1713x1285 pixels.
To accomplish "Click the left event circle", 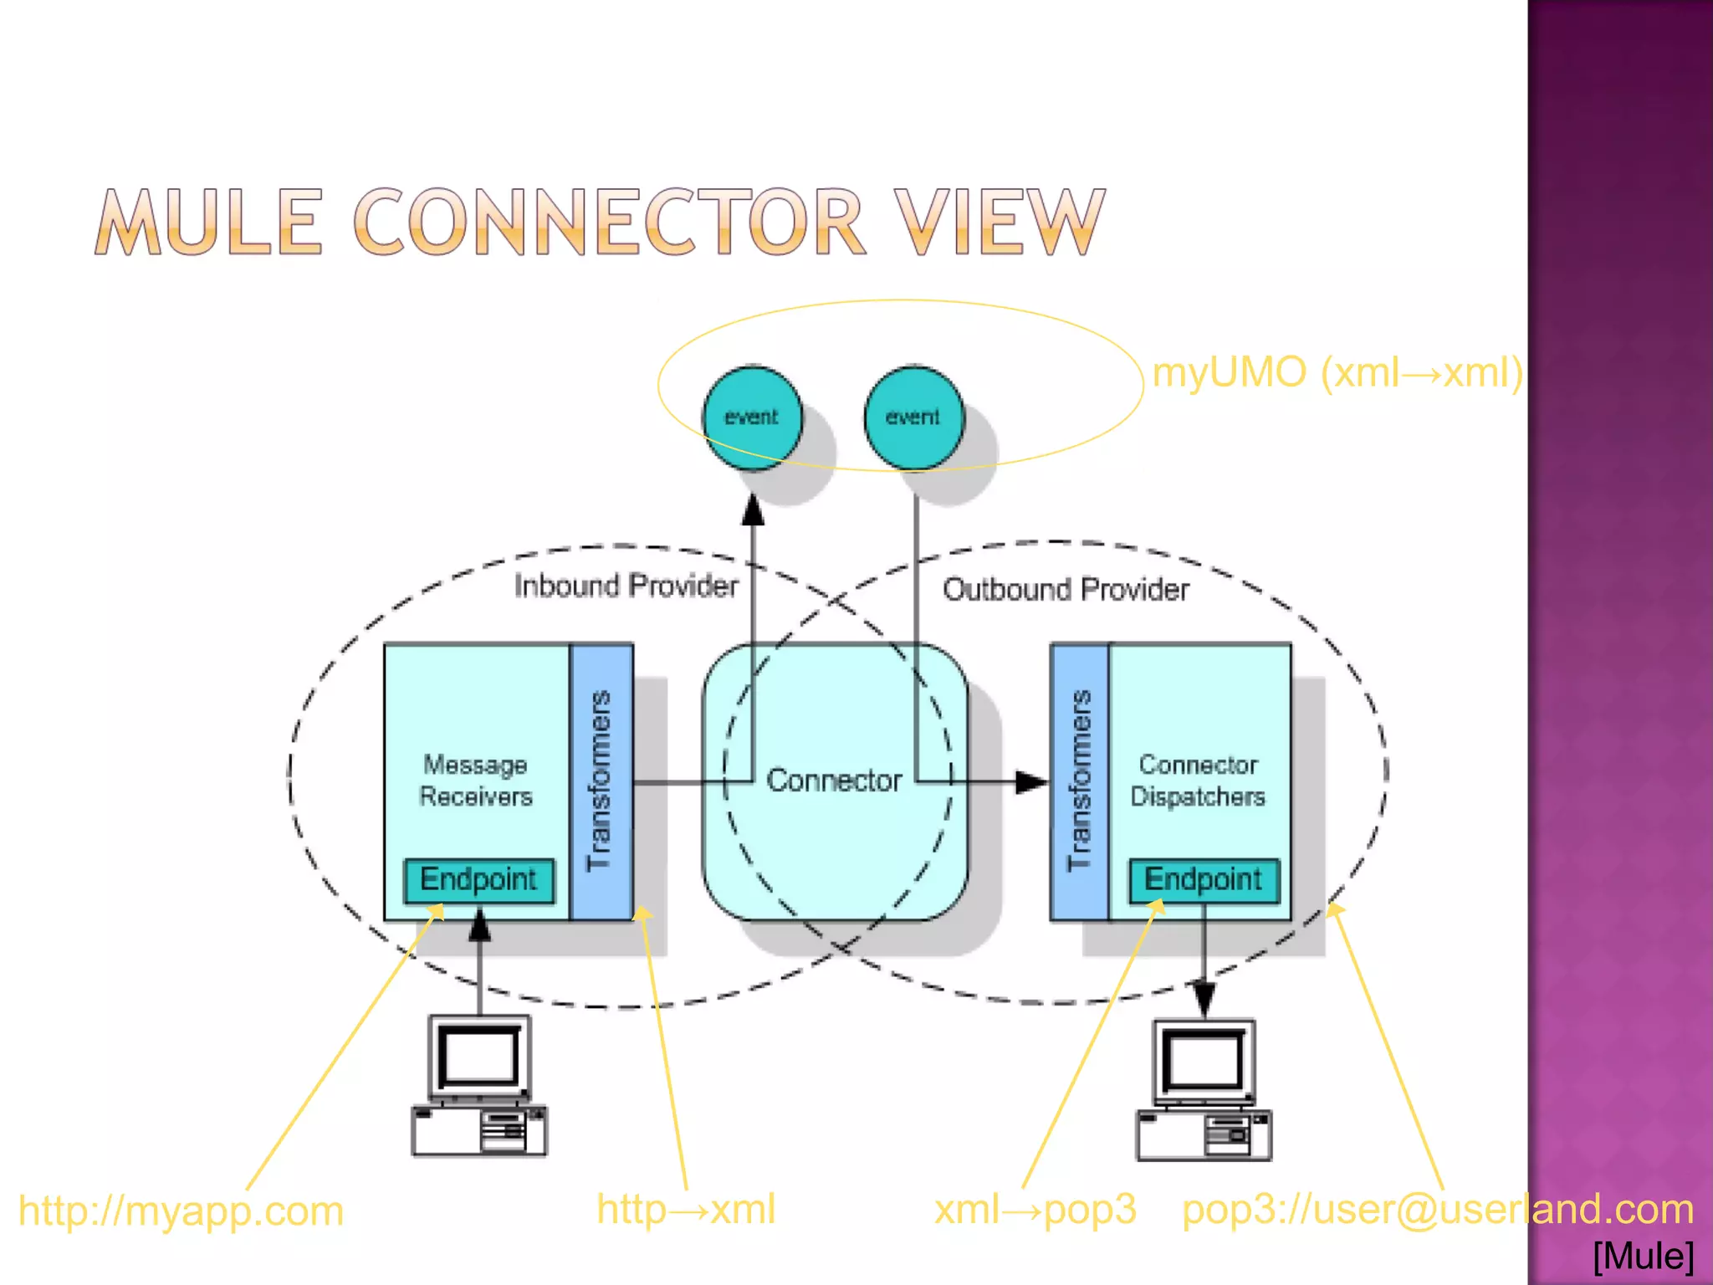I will (752, 417).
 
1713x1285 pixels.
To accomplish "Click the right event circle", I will (913, 417).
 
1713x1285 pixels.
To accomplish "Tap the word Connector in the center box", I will (834, 781).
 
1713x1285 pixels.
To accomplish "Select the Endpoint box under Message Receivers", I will (478, 880).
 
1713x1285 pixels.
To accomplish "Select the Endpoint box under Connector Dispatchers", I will (1203, 880).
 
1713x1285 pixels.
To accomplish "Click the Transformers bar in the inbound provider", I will (601, 781).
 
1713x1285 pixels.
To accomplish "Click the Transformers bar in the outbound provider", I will (1080, 781).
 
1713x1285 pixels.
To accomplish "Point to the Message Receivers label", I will (475, 781).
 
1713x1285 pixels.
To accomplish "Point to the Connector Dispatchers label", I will (1198, 781).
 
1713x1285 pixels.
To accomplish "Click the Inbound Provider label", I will (626, 586).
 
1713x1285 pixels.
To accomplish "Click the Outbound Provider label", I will (1066, 590).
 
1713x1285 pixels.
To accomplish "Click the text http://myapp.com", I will (181, 1211).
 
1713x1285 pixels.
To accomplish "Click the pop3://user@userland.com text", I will (1437, 1210).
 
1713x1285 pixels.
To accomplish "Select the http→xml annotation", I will (686, 1210).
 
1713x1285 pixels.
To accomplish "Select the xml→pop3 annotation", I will (1035, 1210).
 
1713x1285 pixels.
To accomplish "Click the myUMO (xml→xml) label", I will (1337, 372).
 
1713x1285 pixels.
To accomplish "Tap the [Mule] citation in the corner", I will (1643, 1256).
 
